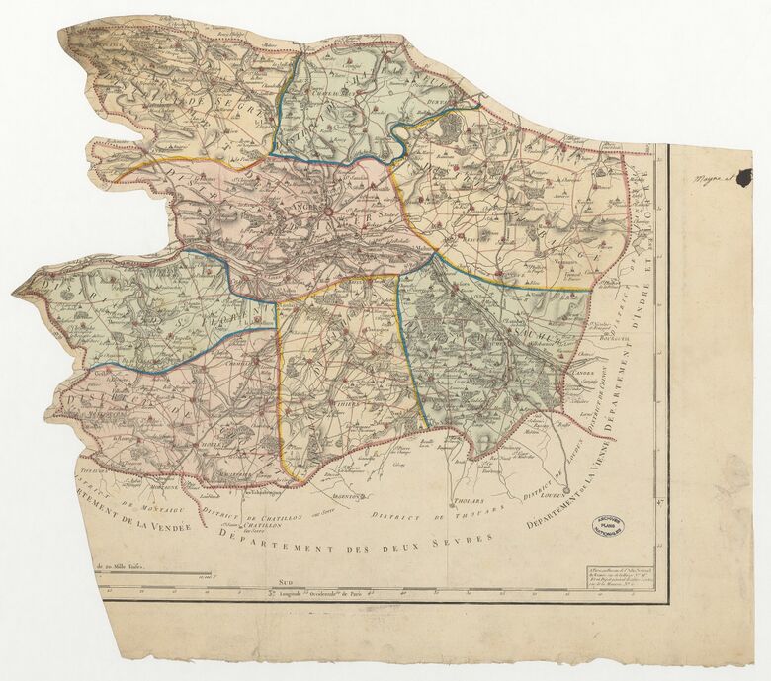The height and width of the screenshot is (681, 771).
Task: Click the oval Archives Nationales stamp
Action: pyautogui.click(x=608, y=526)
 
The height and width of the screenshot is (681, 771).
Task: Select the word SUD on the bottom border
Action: pyautogui.click(x=288, y=584)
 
